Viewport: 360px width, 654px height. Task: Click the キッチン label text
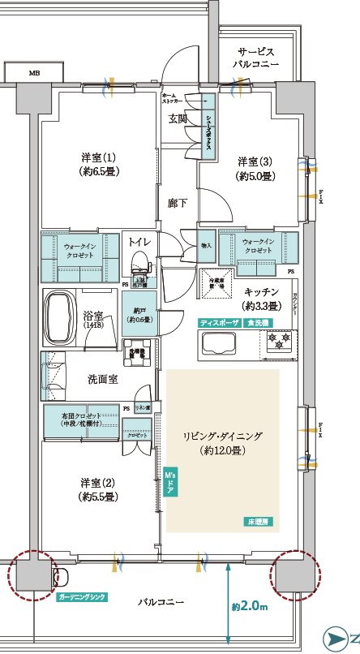click(261, 299)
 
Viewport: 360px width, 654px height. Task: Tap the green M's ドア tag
click(170, 482)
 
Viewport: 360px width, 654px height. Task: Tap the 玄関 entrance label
click(178, 118)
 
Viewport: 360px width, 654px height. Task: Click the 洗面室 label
click(104, 379)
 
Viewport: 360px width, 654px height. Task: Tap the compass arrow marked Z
click(342, 638)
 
